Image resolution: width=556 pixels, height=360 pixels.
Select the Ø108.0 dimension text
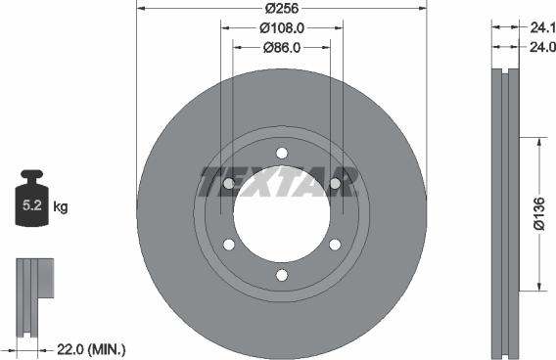282,28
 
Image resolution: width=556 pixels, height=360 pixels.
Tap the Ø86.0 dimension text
282,45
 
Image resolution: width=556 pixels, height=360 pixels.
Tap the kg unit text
61,207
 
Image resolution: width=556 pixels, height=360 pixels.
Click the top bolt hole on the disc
282,153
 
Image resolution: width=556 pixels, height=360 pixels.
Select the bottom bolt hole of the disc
282,275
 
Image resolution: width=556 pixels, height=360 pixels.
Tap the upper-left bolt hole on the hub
229,183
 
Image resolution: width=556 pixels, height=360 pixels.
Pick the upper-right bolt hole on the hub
335,183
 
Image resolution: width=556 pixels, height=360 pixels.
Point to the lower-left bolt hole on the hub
229,245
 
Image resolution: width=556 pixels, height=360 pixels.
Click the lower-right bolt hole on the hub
335,245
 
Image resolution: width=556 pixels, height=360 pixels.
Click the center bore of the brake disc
282,215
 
